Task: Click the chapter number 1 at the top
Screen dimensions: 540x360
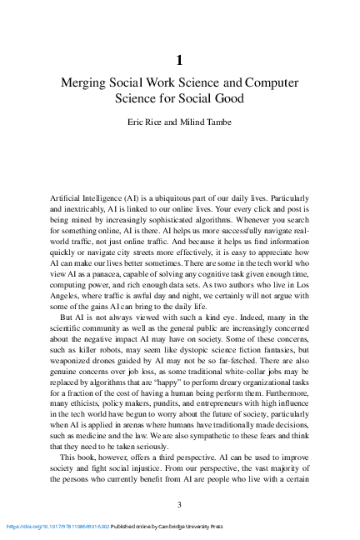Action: (x=180, y=60)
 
